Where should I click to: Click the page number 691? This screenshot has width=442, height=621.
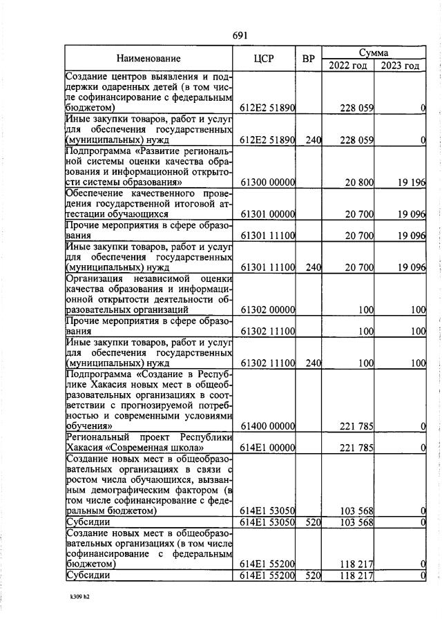240,36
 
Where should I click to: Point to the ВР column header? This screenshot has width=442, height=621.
308,59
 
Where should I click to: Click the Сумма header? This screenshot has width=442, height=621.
373,52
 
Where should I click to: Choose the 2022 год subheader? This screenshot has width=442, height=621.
348,66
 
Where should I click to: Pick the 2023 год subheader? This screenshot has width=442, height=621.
400,66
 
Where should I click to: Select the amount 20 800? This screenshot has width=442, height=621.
357,182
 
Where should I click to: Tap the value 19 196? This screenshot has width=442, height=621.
410,182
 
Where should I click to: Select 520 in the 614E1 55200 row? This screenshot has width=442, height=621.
314,575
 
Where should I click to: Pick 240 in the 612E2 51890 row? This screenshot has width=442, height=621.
314,140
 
